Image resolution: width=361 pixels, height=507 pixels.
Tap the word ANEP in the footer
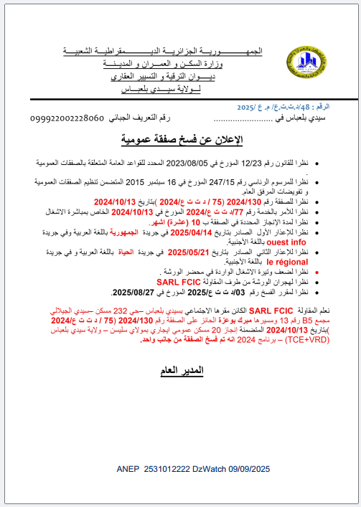click(x=128, y=469)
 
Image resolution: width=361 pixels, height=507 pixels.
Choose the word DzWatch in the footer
click(x=212, y=469)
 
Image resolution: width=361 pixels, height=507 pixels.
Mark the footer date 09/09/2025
click(x=253, y=469)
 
